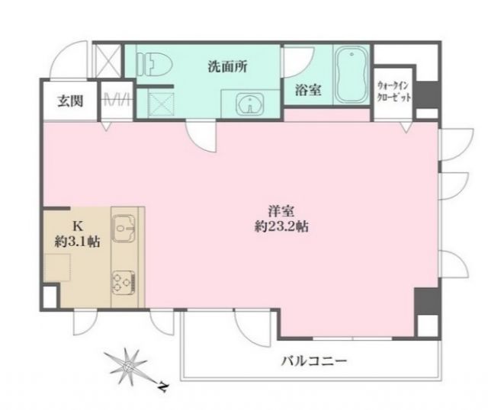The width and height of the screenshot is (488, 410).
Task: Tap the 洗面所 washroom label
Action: tap(228, 66)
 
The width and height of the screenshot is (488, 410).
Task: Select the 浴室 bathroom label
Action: tap(308, 90)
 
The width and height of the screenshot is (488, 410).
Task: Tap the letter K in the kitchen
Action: tap(77, 226)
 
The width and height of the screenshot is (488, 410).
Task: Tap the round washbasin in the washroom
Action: tap(246, 104)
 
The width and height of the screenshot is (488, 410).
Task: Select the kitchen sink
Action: tap(124, 226)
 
